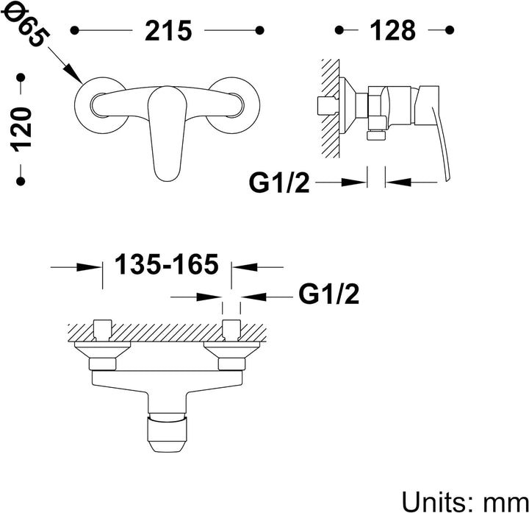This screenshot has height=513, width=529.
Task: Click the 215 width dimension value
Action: [x=168, y=31]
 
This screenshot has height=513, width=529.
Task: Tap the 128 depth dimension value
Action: [x=392, y=31]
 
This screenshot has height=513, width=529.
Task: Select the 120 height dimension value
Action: [x=22, y=129]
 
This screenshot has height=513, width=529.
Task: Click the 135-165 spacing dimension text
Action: [x=167, y=264]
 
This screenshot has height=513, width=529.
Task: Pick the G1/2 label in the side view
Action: [x=279, y=183]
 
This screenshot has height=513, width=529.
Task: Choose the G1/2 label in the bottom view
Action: [x=329, y=294]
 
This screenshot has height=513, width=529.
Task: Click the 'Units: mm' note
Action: [x=465, y=501]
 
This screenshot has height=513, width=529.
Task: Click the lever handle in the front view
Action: [x=167, y=132]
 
